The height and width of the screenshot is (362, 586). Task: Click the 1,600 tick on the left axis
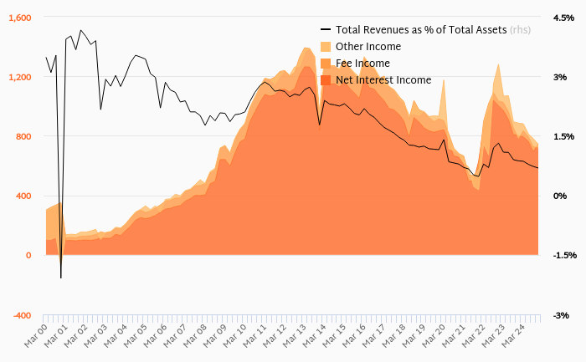click(x=20, y=18)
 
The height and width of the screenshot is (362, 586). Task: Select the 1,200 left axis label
click(x=20, y=77)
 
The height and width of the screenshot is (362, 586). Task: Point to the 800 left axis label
click(x=23, y=136)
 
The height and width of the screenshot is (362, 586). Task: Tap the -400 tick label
click(x=21, y=315)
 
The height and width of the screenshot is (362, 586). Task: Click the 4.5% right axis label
click(x=563, y=18)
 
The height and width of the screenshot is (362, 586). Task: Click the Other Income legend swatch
click(x=326, y=47)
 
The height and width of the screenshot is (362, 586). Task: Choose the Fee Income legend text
click(x=362, y=64)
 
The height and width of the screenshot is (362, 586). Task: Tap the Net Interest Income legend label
click(x=383, y=80)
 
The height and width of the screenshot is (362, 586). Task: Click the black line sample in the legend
click(x=326, y=30)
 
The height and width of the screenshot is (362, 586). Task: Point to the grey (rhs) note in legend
click(x=522, y=30)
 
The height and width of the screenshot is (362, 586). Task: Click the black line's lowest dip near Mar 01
click(x=61, y=278)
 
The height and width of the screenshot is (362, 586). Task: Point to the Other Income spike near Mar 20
click(x=443, y=80)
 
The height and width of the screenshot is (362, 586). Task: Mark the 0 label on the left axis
click(x=28, y=255)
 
